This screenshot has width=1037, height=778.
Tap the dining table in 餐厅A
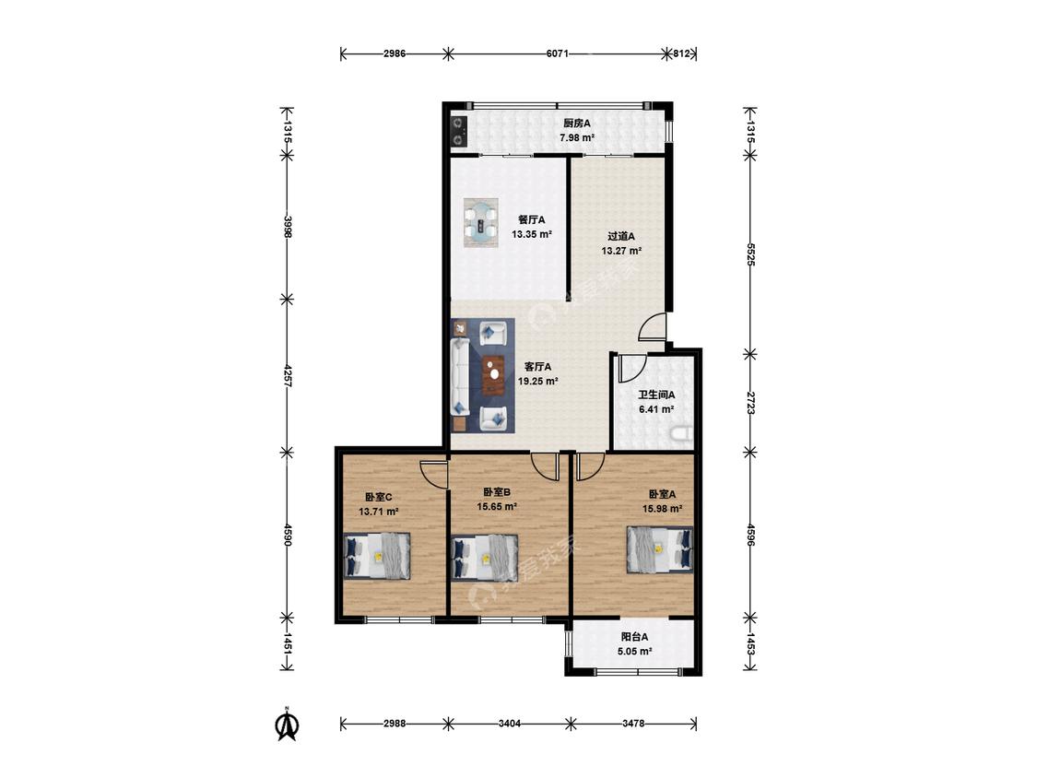tap(481, 223)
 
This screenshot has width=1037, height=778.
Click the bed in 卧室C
tap(377, 556)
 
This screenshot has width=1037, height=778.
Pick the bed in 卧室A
tap(660, 549)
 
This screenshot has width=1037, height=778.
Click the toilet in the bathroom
tap(682, 434)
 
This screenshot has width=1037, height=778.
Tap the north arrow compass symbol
tap(287, 725)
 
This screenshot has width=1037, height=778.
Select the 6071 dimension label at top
tap(558, 53)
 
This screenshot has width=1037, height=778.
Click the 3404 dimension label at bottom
tap(509, 723)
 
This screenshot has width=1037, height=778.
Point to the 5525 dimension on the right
tap(750, 254)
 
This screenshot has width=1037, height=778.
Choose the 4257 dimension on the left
tap(287, 375)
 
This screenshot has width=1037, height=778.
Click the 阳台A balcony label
tap(634, 637)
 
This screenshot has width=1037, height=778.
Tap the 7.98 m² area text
tap(577, 137)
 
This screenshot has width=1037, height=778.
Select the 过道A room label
tap(621, 236)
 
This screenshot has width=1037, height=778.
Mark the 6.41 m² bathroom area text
tap(656, 409)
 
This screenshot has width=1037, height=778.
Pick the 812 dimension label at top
tap(681, 53)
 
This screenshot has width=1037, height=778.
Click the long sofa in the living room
tap(460, 378)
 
